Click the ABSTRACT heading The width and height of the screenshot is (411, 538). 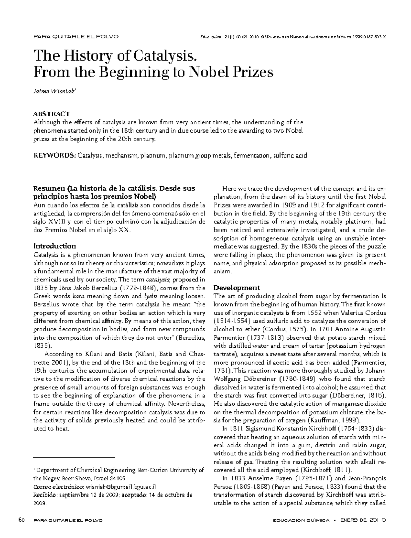click(51, 114)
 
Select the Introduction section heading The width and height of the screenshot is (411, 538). click(54, 246)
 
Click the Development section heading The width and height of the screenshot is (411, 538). click(236, 288)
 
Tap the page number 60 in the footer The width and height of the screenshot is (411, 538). click(22, 520)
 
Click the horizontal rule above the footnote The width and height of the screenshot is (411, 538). click(74, 457)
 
